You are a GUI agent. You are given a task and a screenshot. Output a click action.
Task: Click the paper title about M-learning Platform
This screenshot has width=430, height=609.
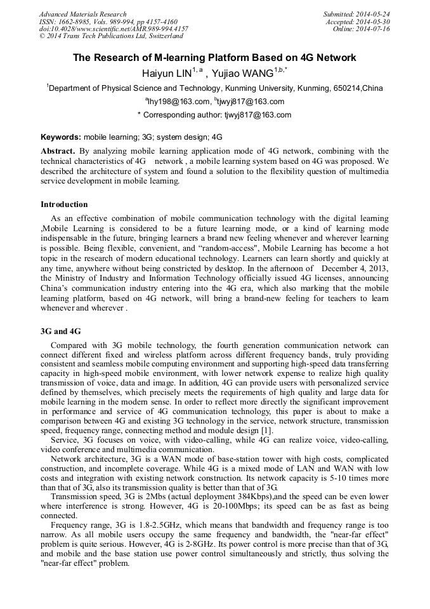point(214,58)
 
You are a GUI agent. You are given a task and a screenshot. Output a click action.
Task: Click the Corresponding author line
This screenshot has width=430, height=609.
point(214,115)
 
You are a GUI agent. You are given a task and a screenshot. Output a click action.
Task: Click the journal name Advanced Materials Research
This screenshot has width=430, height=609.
point(82,14)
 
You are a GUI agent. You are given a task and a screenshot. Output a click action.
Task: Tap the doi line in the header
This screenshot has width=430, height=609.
point(114,29)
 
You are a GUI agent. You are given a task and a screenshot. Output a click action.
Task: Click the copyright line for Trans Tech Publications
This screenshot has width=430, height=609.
point(111,36)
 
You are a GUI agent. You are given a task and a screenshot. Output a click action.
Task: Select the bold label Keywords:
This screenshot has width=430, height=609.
point(61,137)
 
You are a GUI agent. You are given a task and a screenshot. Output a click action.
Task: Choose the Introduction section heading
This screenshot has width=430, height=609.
point(64,204)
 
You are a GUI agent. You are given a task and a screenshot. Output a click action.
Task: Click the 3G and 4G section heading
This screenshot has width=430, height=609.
point(60,331)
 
